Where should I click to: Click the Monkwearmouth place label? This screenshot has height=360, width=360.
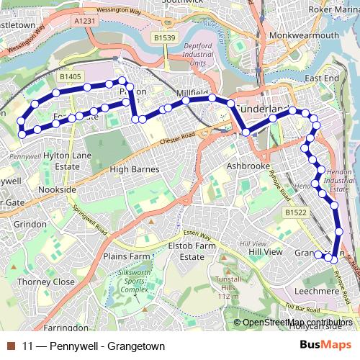297,35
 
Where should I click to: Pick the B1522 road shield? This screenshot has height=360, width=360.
295,213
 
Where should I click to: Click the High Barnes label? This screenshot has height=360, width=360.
134,169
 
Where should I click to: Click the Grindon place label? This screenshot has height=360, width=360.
30,224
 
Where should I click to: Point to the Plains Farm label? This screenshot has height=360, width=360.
125,256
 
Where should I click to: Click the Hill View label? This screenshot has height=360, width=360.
266,252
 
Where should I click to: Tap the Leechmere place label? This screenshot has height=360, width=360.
317,290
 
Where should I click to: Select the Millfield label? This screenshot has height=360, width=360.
192,94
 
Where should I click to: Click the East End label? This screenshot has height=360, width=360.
321,78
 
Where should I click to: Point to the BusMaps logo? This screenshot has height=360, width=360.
325,346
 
